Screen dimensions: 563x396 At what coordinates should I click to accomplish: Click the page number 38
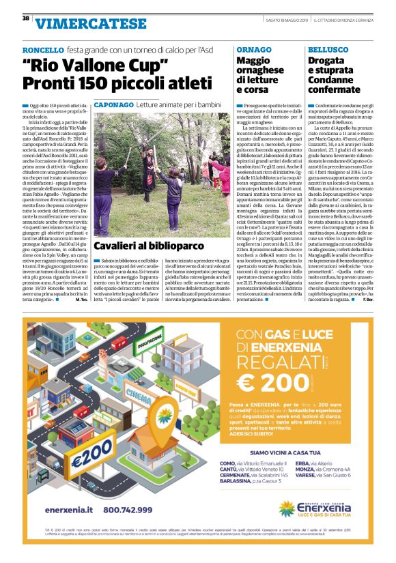point(25,18)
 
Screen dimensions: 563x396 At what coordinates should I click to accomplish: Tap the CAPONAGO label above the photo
point(113,106)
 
